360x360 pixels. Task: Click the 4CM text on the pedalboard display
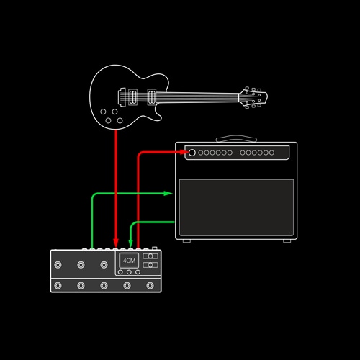[x=129, y=261]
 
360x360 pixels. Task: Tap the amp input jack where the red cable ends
[x=192, y=153]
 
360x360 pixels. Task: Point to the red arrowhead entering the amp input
[x=184, y=152]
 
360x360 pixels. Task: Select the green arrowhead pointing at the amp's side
[x=168, y=193]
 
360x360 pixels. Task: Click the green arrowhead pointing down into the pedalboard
[x=130, y=243]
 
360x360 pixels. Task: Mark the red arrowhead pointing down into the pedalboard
[x=116, y=243]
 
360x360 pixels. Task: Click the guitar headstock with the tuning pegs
[x=253, y=98]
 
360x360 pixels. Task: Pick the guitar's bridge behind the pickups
[x=122, y=97]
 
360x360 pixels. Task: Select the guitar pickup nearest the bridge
[x=133, y=97]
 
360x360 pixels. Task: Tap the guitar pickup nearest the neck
[x=152, y=97]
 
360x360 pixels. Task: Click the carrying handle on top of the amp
[x=236, y=139]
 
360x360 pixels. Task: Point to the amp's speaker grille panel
[x=236, y=207]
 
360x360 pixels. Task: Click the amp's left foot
[x=186, y=240]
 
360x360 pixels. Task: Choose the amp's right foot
[x=287, y=240]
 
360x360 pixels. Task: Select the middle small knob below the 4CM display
[x=129, y=272]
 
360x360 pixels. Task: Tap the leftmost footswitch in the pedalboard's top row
[x=58, y=265]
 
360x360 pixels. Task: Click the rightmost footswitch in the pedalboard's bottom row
[x=150, y=286]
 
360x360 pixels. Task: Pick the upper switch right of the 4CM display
[x=150, y=256]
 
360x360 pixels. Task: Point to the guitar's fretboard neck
[x=197, y=97]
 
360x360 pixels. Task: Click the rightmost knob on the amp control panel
[x=271, y=153]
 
